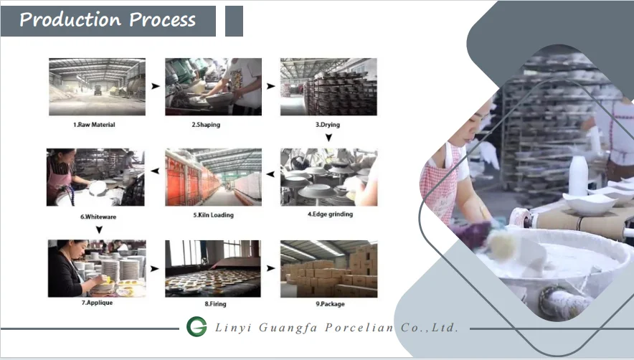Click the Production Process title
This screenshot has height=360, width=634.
coord(108,19)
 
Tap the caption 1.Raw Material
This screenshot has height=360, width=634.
coord(94,125)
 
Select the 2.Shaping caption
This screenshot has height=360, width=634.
coord(206,125)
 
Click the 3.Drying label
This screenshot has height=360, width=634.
coord(328,125)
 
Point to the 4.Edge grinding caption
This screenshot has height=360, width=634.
coord(330,214)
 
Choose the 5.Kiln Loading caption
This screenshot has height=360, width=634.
coord(213,214)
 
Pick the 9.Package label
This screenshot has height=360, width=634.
coord(329,304)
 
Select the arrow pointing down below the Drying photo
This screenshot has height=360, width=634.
coord(328,137)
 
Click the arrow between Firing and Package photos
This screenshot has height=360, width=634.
coord(270,268)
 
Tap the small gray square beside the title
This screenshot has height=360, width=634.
coord(234,21)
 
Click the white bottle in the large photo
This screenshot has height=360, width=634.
coord(578,175)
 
